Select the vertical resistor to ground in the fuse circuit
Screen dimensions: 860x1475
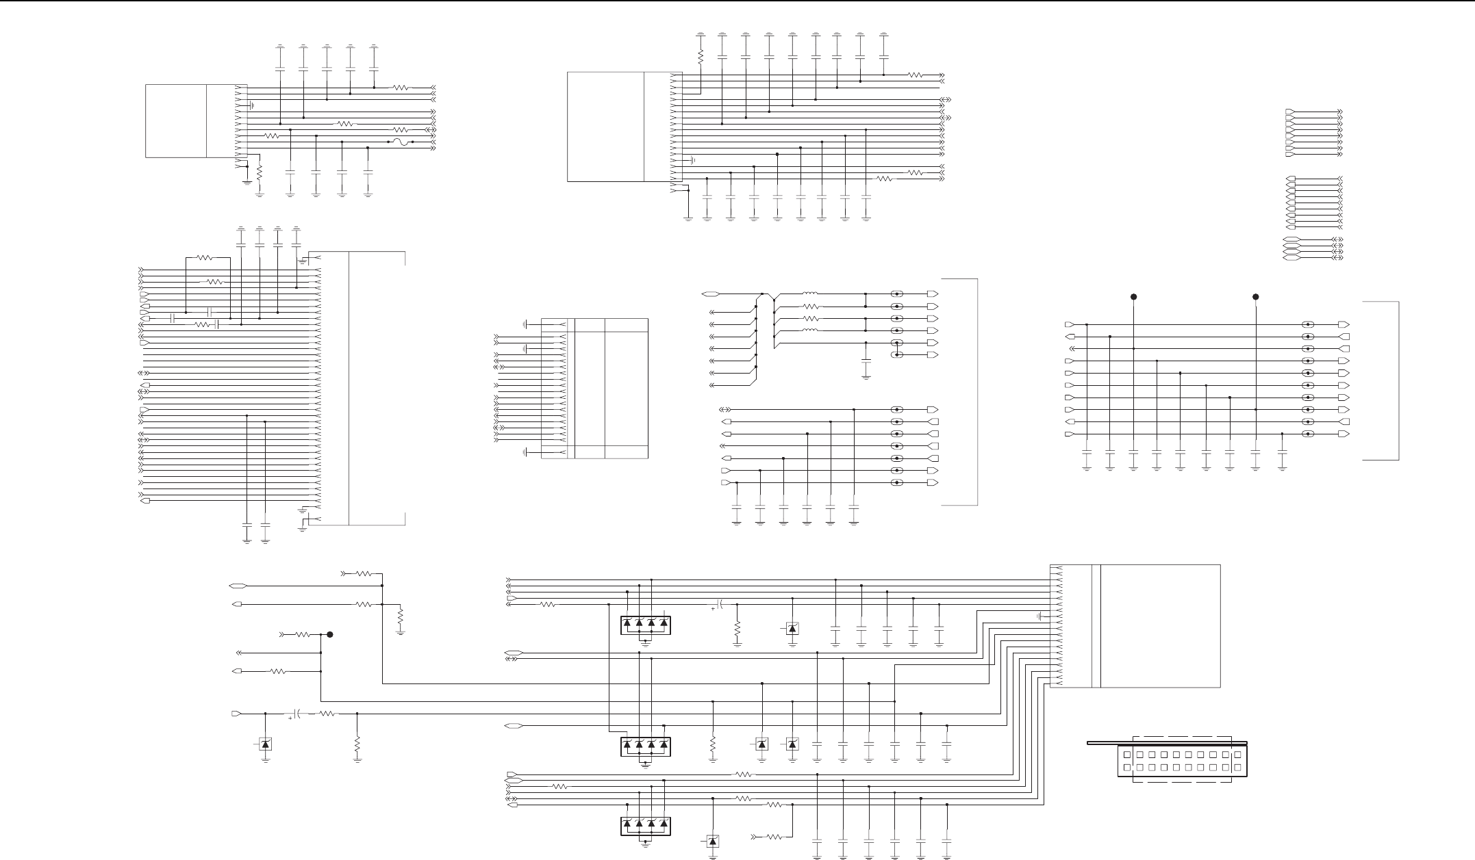(x=260, y=172)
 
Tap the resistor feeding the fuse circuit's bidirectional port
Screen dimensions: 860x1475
(x=401, y=130)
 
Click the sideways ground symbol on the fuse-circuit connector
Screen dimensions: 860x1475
(x=252, y=105)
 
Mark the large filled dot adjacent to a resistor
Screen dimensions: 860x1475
(x=330, y=635)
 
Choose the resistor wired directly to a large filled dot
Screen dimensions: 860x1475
(x=303, y=635)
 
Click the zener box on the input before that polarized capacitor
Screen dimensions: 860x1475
(x=265, y=744)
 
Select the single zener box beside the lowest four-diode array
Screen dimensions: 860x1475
(x=713, y=841)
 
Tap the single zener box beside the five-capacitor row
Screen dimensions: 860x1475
(x=792, y=628)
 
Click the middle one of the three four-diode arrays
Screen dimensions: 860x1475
(x=645, y=744)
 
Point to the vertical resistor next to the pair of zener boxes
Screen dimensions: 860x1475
(x=713, y=744)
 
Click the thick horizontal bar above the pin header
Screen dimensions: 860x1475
(x=1167, y=743)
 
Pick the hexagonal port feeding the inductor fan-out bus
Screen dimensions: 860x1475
(x=710, y=294)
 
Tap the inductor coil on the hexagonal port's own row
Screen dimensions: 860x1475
(x=810, y=294)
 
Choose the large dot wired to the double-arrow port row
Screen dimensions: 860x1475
(x=1133, y=297)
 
